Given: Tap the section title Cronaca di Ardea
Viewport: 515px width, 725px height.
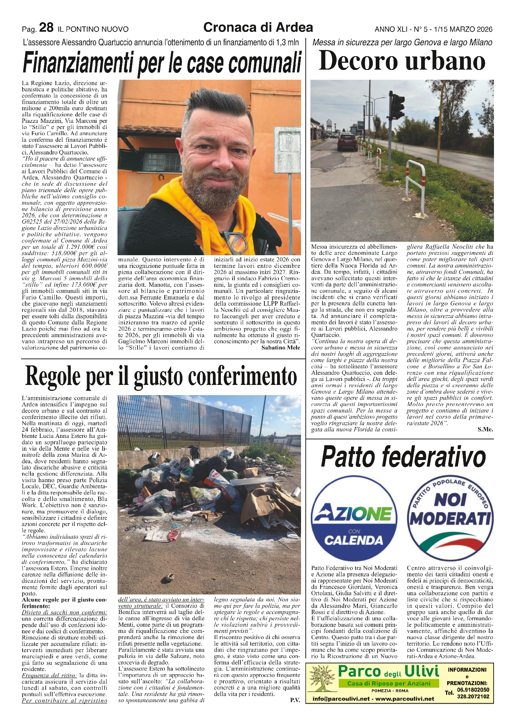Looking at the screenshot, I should coord(258,27).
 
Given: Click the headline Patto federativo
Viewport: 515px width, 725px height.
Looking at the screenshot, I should coord(403,457).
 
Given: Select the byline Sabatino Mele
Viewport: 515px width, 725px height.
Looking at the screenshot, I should coord(280,348).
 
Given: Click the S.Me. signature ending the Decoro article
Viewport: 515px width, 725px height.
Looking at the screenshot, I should coord(485,429).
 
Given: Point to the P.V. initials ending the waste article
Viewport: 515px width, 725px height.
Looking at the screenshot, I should coord(294,700).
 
